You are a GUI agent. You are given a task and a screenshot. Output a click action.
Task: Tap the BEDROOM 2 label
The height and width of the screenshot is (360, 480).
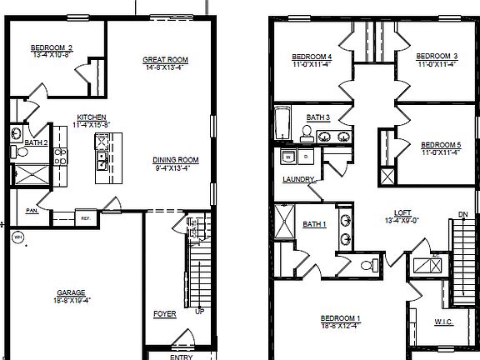[x=52, y=47]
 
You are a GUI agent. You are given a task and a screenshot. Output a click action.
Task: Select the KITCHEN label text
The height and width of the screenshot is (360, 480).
[x=91, y=117]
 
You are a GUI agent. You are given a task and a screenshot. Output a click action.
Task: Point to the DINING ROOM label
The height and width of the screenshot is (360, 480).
[x=175, y=160]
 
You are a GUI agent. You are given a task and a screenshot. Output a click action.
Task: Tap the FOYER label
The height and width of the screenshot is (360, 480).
[x=165, y=314]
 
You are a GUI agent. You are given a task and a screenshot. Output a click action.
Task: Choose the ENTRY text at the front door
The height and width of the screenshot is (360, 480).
[x=181, y=357]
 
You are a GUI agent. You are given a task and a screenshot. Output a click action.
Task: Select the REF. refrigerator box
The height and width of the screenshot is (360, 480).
[x=85, y=218]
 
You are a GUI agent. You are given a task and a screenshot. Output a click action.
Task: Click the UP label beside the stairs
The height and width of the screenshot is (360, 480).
[x=198, y=312]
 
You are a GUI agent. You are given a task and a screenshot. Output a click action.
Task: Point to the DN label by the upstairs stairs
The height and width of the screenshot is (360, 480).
[x=462, y=214]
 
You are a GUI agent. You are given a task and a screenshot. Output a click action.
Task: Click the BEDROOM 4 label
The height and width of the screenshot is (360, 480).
[x=312, y=57]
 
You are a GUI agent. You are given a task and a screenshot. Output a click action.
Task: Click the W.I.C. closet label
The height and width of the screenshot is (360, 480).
[x=443, y=321]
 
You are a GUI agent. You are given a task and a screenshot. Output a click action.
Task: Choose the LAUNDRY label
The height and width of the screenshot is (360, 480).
[x=298, y=179]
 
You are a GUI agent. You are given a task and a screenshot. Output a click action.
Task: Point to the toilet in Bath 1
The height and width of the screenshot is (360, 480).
[x=369, y=265]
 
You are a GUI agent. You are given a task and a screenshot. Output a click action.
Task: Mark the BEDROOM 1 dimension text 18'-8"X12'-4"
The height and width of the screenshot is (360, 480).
[x=341, y=325]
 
